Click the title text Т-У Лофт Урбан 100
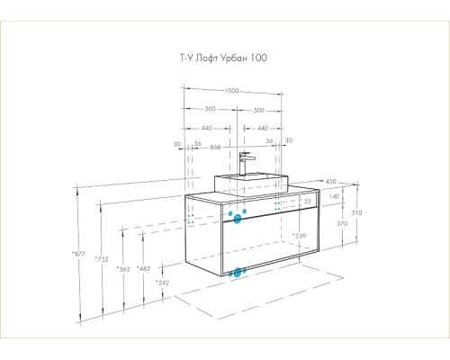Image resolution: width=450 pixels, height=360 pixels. pyautogui.click(x=223, y=58)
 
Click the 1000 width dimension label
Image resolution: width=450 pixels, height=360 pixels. pyautogui.click(x=231, y=91)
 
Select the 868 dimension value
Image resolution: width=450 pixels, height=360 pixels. pyautogui.click(x=215, y=148)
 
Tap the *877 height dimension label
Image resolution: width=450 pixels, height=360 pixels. pyautogui.click(x=79, y=254)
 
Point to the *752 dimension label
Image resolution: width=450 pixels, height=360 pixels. pyautogui.click(x=102, y=259)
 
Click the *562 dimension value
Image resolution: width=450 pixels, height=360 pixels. pyautogui.click(x=123, y=269)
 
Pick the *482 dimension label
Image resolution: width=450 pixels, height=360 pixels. pyautogui.click(x=143, y=268)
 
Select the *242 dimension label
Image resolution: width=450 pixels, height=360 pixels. pyautogui.click(x=162, y=283)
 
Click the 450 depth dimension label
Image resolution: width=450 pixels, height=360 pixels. pyautogui.click(x=331, y=182)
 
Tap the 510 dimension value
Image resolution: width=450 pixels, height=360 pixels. pyautogui.click(x=356, y=212)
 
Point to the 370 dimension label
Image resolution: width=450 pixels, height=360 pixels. pyautogui.click(x=342, y=223)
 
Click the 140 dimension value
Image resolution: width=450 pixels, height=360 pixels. pyautogui.click(x=334, y=196)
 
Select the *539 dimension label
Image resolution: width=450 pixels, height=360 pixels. pyautogui.click(x=299, y=236)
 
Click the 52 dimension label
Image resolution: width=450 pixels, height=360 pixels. pyautogui.click(x=308, y=202)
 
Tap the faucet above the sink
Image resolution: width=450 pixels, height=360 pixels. pyautogui.click(x=246, y=164)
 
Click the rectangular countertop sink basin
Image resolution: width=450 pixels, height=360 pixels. pyautogui.click(x=251, y=184)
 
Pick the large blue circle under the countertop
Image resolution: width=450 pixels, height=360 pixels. pyautogui.click(x=238, y=219)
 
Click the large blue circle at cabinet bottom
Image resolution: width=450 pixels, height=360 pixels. pyautogui.click(x=238, y=273)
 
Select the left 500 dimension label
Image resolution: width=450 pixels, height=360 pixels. pyautogui.click(x=211, y=109)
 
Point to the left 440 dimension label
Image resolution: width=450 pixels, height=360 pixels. pyautogui.click(x=207, y=128)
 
